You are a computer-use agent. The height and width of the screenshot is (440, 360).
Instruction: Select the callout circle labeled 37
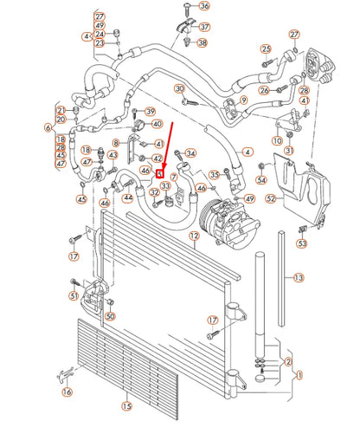tap(204, 26)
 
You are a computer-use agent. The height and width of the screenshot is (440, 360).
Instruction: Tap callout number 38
tap(202, 42)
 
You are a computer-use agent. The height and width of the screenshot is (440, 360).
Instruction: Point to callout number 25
tap(266, 49)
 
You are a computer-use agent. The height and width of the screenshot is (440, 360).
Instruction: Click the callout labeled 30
tap(179, 89)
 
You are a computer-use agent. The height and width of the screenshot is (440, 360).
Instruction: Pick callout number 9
tap(243, 100)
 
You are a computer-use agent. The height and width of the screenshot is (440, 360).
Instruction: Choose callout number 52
tap(271, 198)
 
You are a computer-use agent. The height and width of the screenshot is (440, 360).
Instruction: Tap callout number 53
tap(302, 243)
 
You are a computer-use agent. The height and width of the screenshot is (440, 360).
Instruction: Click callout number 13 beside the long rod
tap(299, 278)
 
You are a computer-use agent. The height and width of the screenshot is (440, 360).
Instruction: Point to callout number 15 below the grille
tap(126, 405)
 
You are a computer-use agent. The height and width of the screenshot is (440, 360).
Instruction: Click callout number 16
tap(67, 391)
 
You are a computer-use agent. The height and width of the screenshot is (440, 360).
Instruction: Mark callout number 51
tap(74, 296)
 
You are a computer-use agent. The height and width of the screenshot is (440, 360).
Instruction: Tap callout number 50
tap(110, 316)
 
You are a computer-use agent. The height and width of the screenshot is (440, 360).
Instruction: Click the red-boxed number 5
tap(160, 172)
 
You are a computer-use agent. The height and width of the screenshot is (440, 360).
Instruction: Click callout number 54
tap(261, 179)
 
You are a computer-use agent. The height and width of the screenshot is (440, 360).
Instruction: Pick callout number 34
tap(190, 154)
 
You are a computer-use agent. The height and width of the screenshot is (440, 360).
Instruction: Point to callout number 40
tap(157, 125)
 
